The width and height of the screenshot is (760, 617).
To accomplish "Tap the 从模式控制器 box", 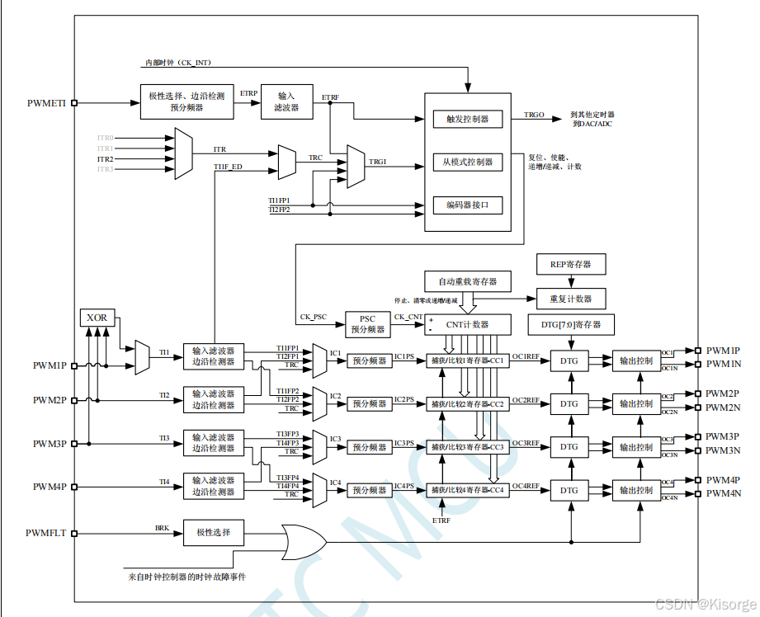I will click(468, 162).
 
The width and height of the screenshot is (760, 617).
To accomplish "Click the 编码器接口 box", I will click(468, 205).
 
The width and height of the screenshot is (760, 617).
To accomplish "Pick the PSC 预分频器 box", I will click(368, 323).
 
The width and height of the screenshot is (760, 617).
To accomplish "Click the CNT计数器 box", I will click(468, 324).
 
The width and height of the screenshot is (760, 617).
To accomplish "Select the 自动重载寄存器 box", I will click(468, 281).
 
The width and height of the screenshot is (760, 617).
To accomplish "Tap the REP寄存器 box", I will click(570, 265).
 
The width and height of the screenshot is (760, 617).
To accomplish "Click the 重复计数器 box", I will click(570, 298).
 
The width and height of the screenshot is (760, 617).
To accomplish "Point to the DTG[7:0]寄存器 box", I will click(571, 324).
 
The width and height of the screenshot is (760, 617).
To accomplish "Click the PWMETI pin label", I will click(46, 103).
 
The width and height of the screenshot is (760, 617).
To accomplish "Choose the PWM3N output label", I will click(724, 450).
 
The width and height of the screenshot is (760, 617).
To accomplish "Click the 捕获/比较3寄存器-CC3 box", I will click(467, 447).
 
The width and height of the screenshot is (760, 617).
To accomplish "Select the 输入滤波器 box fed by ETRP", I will click(286, 102).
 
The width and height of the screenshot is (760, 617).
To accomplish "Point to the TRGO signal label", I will click(534, 115).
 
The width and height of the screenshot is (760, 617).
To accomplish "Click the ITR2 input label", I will click(105, 158).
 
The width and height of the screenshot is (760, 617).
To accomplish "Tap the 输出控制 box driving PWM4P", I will click(636, 490).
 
